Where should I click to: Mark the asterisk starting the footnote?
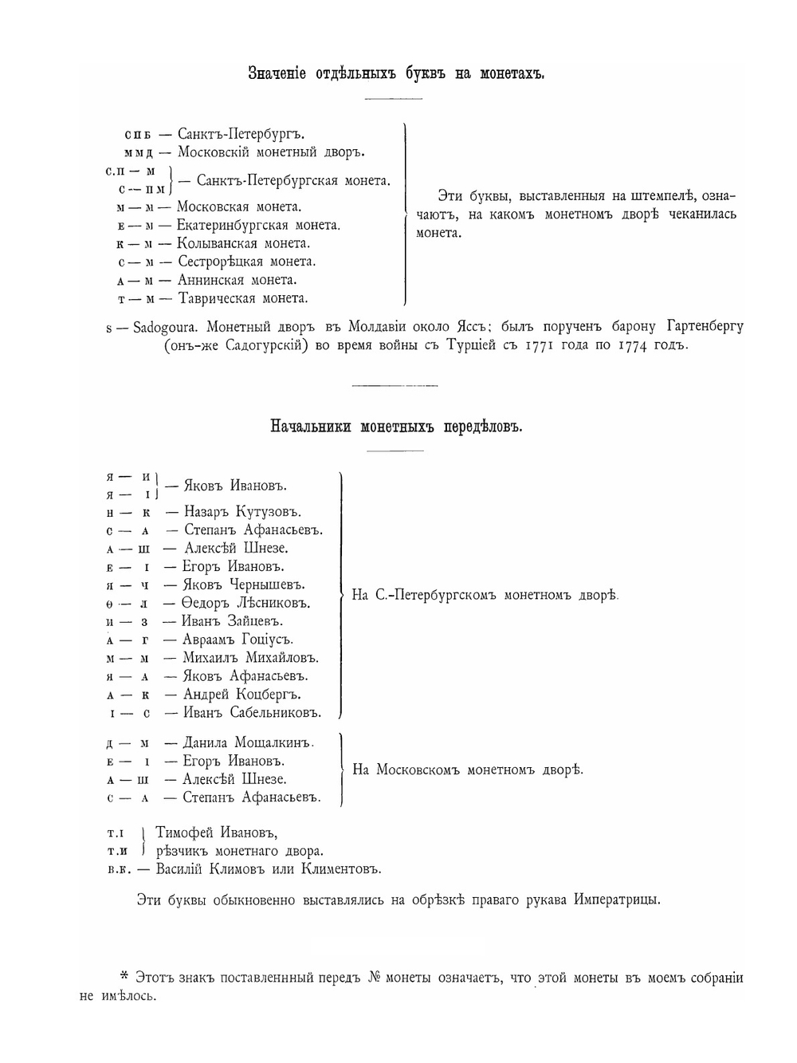point(124,976)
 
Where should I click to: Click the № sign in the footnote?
point(376,978)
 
